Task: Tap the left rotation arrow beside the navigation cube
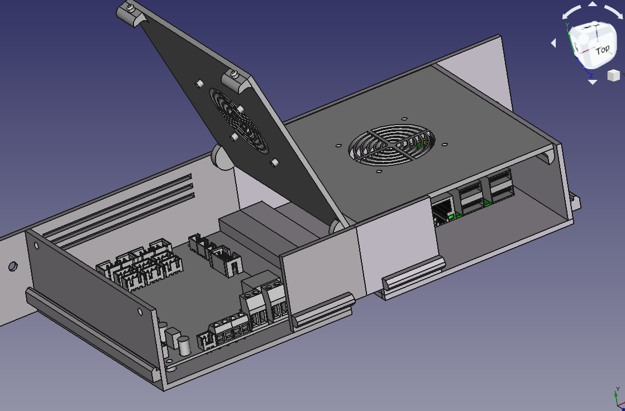[x=554, y=42]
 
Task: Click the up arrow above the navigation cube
[x=593, y=4]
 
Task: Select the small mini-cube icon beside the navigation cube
[x=614, y=75]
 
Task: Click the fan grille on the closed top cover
[x=392, y=145]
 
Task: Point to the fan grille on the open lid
[x=238, y=121]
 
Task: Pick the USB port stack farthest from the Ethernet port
[x=500, y=187]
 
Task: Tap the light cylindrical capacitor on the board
[x=184, y=345]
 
